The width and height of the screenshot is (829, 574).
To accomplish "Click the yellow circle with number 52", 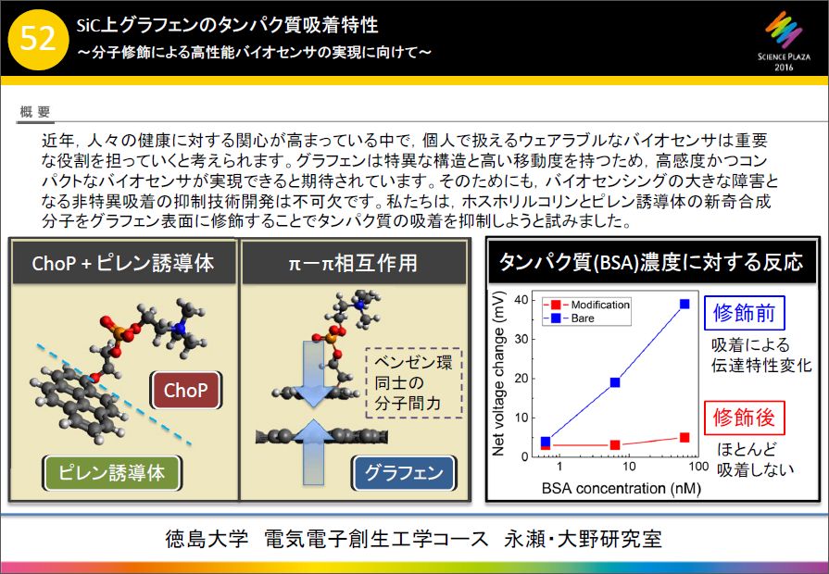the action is coord(39,39).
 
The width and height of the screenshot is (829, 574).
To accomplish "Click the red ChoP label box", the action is coord(185,390).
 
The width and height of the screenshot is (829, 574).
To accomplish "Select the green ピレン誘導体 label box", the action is coord(112,472).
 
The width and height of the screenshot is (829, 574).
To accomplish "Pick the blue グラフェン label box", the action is coord(404,472).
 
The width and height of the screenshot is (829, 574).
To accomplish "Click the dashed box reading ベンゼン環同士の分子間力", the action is coord(414,382).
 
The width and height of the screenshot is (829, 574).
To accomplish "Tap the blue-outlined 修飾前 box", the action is coord(744,313).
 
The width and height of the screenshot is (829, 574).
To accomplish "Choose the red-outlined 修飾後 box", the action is coord(744,418).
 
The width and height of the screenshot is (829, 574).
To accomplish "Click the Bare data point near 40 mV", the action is coord(685,304).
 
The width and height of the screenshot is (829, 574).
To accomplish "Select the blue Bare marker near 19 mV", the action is coord(615,382).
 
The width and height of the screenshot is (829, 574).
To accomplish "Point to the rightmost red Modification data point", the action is coord(685,437).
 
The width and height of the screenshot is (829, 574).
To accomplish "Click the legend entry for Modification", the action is coord(587,305).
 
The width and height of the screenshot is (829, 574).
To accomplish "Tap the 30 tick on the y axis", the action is coord(521,339).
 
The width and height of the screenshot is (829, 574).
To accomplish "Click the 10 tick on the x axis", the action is coord(629,467).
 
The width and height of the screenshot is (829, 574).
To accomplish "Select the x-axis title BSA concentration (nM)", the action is coord(622,488).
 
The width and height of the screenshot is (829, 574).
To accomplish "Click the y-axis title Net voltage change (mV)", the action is coord(498,373).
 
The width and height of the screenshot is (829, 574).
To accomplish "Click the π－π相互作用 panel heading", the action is coord(353,263).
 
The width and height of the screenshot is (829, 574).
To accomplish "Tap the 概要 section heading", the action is coord(35,111).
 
